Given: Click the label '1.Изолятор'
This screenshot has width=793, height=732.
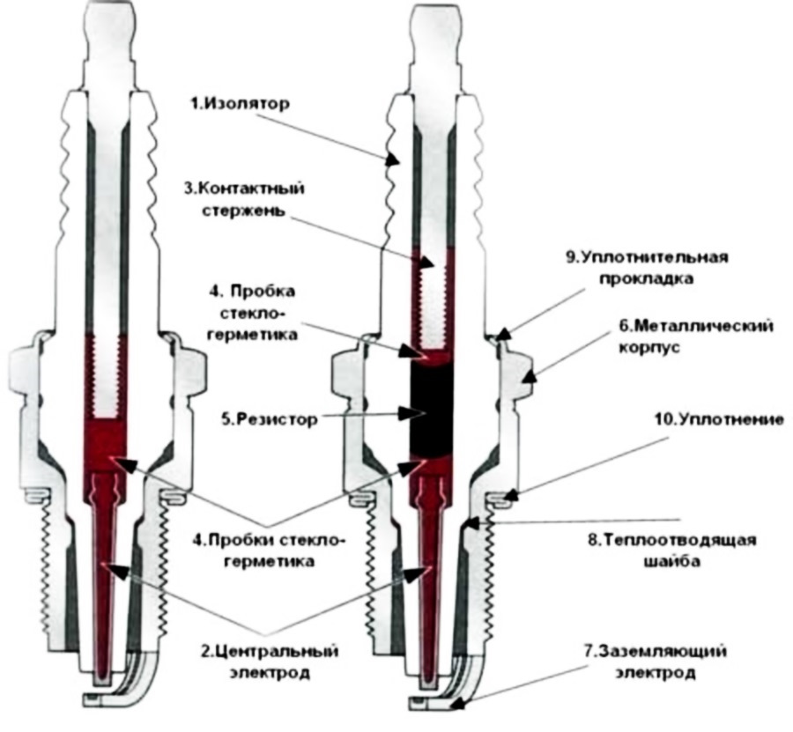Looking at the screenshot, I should (241, 104).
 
